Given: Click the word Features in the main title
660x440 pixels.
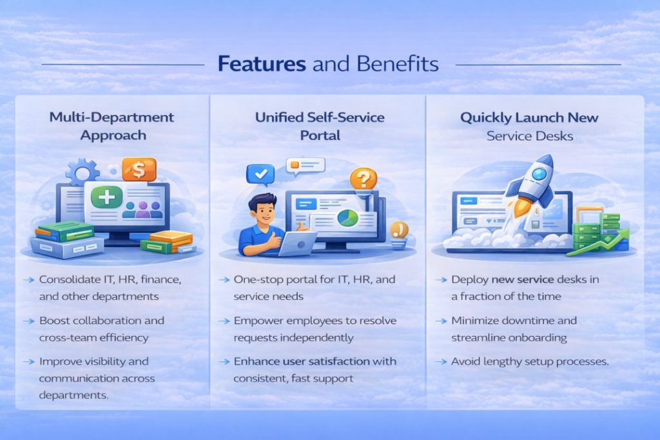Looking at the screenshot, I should (261, 64).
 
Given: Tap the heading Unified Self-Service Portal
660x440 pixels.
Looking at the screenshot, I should (320, 126).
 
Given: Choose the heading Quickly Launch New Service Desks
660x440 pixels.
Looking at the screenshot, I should (529, 126).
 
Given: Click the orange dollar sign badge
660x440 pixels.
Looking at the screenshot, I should (139, 170).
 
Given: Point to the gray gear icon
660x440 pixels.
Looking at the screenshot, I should (81, 174).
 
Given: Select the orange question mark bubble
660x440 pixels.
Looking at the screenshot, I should (364, 179).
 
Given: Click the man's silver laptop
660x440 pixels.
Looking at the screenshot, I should (296, 243).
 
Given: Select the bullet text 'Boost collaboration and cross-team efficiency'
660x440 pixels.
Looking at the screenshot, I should (102, 329).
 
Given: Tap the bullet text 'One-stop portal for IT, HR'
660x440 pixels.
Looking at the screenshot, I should (315, 280).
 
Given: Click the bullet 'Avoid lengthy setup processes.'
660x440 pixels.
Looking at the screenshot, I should (530, 361).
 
